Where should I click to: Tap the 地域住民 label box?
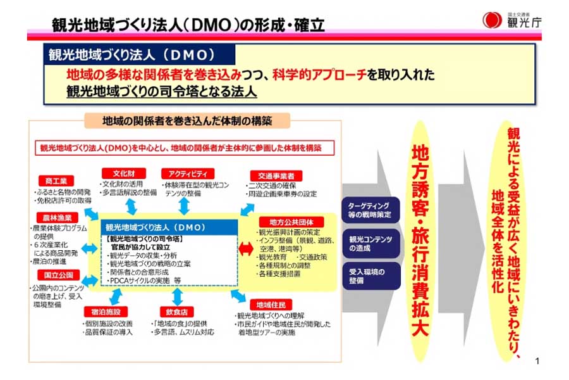pos(269,303)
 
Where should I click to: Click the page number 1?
pos(537,362)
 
